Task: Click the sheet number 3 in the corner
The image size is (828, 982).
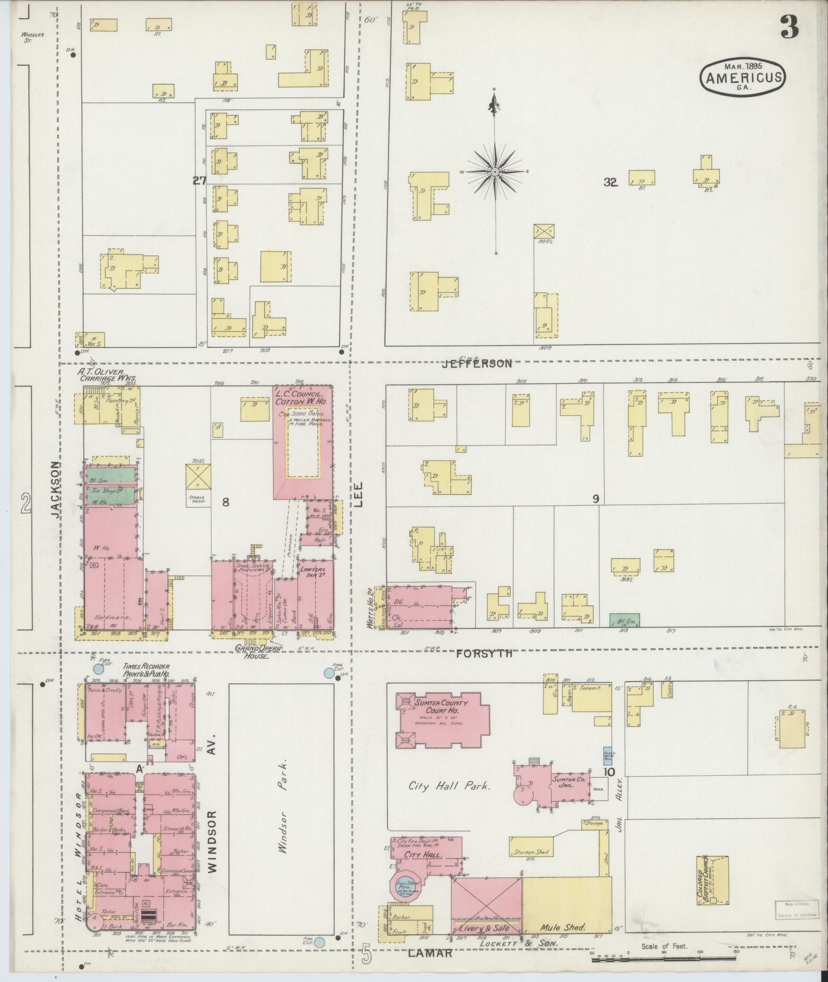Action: click(x=790, y=27)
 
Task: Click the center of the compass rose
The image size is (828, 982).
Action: click(x=495, y=171)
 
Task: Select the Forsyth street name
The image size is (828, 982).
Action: click(x=485, y=653)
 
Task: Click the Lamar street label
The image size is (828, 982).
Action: click(x=430, y=953)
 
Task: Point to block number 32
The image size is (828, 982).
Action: click(x=610, y=182)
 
